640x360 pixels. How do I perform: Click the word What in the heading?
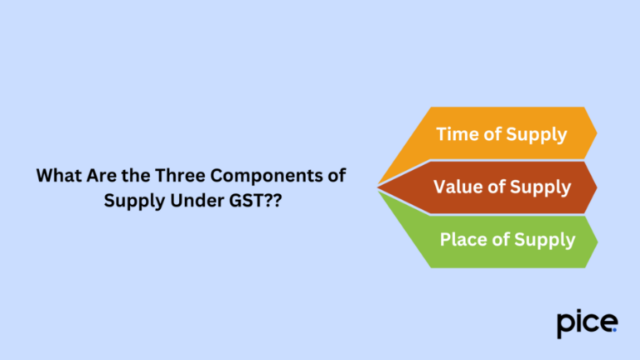(x=57, y=176)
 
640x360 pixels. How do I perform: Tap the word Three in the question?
(x=164, y=176)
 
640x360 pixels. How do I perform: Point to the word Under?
(x=186, y=201)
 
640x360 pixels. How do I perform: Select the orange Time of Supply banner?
(x=500, y=133)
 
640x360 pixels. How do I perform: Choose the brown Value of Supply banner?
(x=500, y=187)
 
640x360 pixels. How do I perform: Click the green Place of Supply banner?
(x=500, y=240)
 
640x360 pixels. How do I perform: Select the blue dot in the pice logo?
(x=615, y=330)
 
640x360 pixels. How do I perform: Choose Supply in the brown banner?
(x=542, y=187)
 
